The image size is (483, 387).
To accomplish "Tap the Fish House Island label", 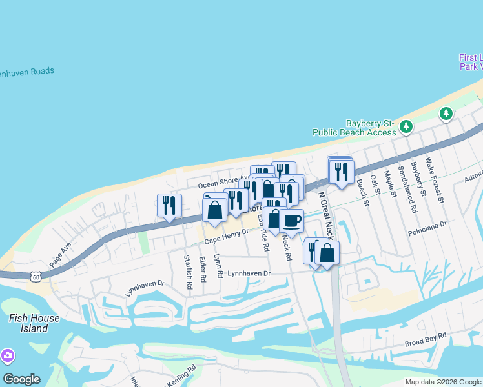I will tap(34, 323).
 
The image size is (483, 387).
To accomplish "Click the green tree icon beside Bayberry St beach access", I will tap(406, 126).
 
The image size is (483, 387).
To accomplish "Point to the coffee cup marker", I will tap(291, 221).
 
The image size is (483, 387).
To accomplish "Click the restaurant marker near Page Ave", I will tap(169, 206).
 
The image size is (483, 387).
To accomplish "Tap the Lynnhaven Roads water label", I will tap(26, 72).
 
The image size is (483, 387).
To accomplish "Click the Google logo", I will tap(21, 379).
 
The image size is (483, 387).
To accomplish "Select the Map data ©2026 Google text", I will tap(442, 382).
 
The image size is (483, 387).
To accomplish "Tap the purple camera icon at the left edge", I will tap(7, 355).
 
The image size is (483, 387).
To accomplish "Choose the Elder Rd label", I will tap(203, 269).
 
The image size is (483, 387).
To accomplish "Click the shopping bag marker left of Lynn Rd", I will tap(214, 210).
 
